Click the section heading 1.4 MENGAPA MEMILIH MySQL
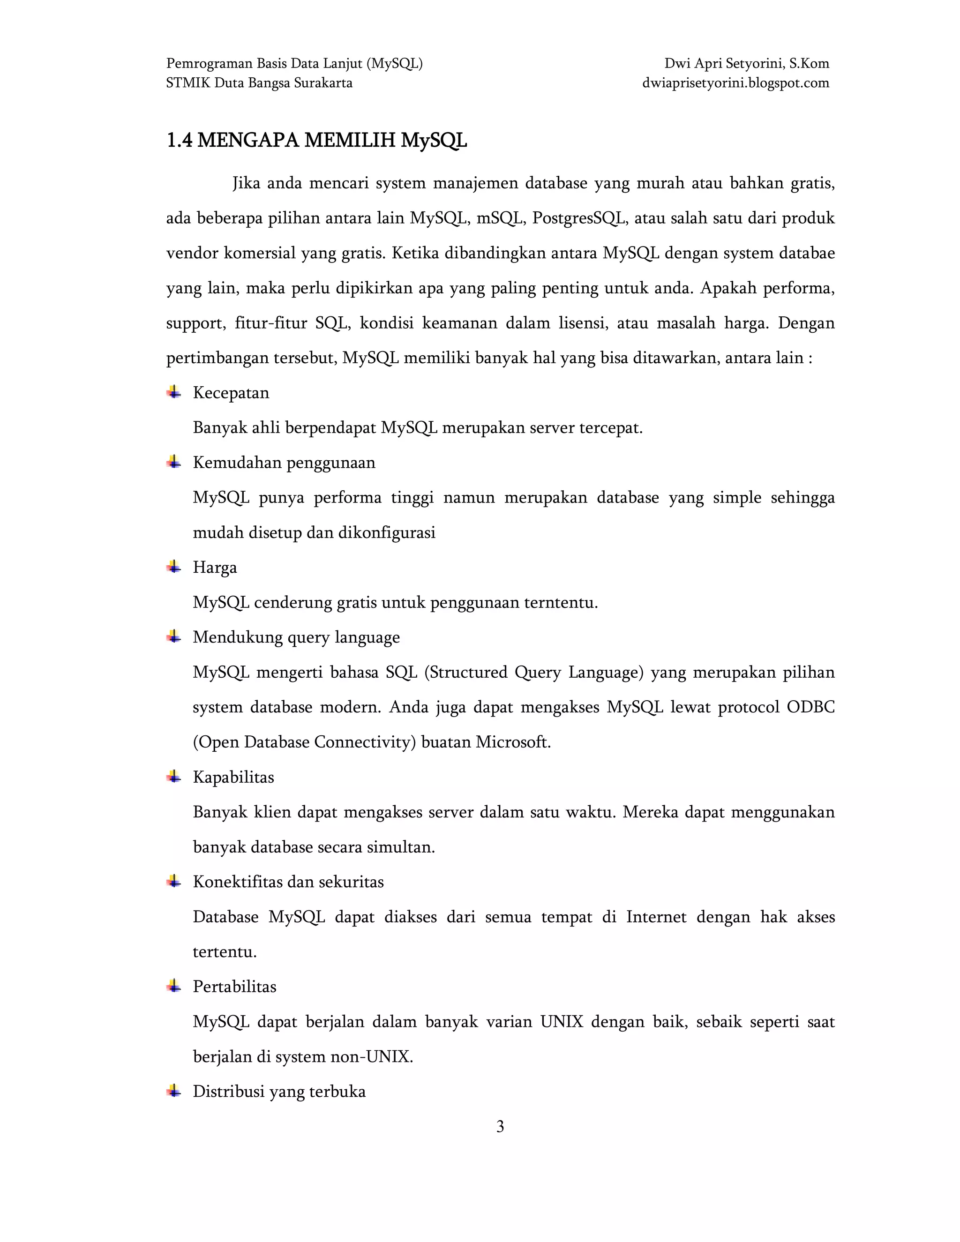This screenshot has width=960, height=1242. (316, 140)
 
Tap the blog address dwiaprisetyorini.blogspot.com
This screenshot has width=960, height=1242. (735, 83)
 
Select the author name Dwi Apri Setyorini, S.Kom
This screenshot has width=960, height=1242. (746, 64)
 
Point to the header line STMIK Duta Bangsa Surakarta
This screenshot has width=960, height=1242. (259, 83)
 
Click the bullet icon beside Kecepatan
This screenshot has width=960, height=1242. (174, 392)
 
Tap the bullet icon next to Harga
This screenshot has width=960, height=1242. (174, 567)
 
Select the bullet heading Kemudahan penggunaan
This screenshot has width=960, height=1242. (284, 462)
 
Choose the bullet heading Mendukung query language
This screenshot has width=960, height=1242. (296, 637)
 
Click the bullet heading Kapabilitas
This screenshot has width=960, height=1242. (233, 777)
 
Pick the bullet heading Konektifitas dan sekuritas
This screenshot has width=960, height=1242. (288, 882)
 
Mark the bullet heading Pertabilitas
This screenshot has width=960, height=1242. (234, 986)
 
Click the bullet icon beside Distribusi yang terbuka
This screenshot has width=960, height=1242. (174, 1091)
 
